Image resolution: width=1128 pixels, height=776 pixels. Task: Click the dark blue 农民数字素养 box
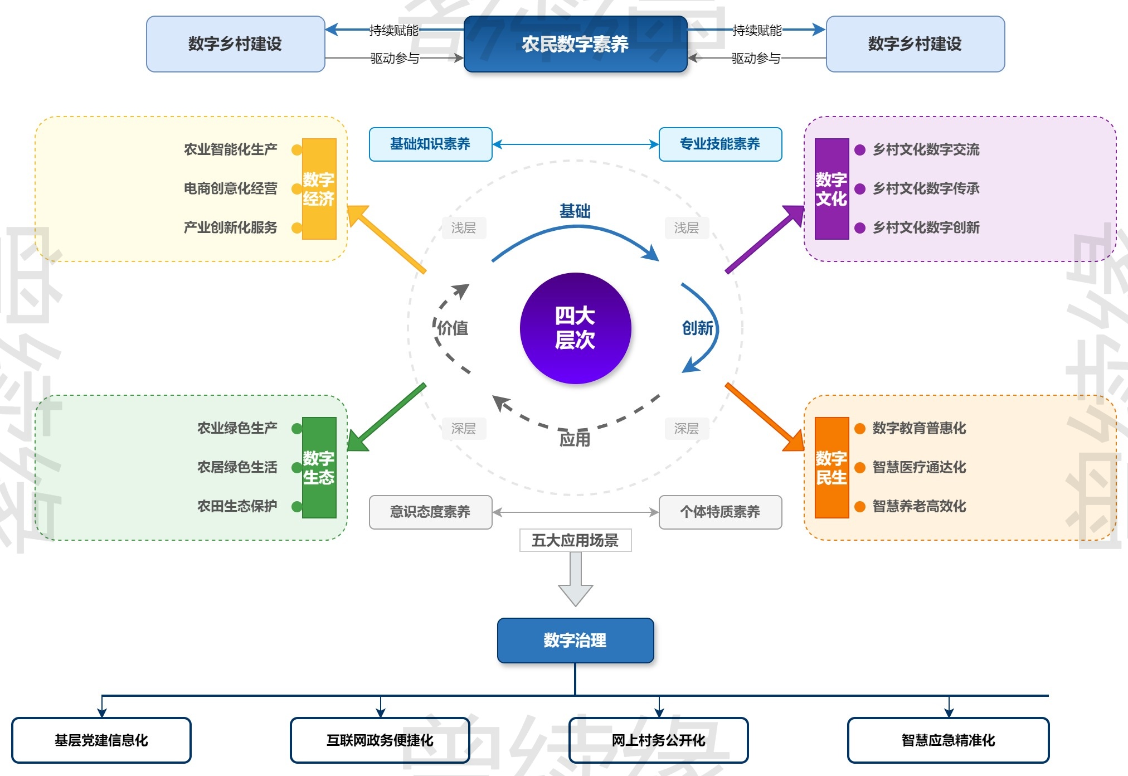(x=575, y=44)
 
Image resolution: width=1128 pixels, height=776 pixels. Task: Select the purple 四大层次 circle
(x=575, y=328)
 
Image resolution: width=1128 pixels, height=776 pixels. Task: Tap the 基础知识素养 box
(x=430, y=144)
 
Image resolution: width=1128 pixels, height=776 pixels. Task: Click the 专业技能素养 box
(x=720, y=144)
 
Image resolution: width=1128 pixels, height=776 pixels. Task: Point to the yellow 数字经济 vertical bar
(x=319, y=189)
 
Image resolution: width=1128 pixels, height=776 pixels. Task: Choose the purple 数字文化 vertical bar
(x=832, y=189)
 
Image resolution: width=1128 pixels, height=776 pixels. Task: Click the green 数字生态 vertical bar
(x=319, y=468)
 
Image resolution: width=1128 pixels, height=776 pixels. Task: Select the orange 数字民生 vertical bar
(x=832, y=468)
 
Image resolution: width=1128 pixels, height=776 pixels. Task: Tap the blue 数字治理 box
(x=575, y=640)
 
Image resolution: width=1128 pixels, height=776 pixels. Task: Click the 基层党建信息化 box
(x=101, y=740)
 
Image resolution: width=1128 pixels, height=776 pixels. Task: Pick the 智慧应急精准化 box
(x=948, y=740)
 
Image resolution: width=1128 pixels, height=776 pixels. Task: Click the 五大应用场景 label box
(x=575, y=540)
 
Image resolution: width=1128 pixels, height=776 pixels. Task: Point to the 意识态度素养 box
(x=430, y=512)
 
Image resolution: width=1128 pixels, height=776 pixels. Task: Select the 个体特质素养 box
(x=720, y=512)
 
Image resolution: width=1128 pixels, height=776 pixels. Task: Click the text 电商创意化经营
(x=230, y=188)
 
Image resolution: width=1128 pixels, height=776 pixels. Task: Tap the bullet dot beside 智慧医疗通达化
(x=860, y=468)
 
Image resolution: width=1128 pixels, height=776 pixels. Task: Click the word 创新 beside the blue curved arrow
(x=697, y=328)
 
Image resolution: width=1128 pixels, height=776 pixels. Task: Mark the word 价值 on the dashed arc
(x=453, y=328)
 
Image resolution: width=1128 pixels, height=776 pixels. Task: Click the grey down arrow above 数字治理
(x=575, y=580)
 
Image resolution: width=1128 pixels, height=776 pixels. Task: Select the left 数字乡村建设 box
(x=235, y=44)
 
